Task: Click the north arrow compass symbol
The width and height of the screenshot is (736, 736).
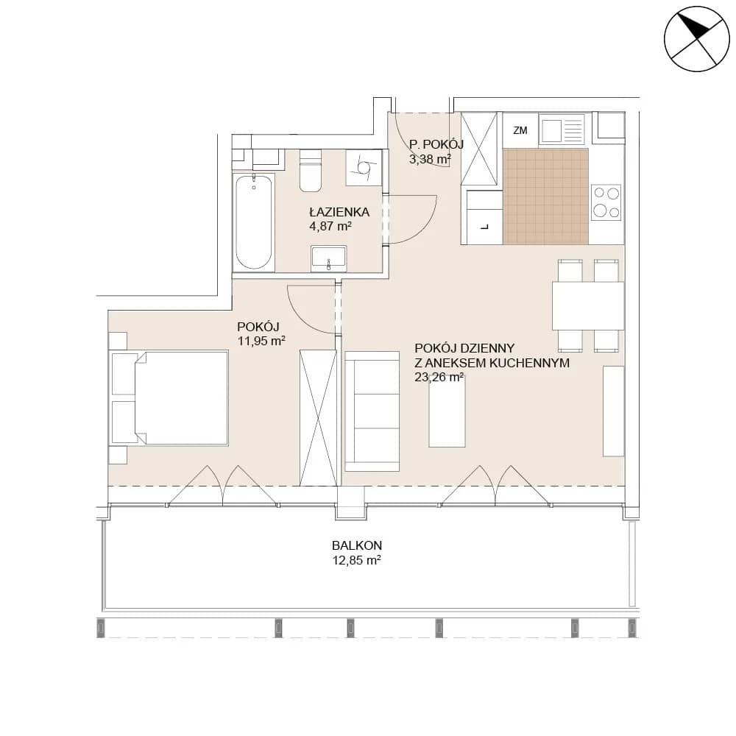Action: [696, 39]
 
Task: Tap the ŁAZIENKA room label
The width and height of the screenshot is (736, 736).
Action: [339, 212]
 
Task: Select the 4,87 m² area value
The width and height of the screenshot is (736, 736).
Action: [330, 226]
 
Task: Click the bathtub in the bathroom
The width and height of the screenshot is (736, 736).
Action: [253, 222]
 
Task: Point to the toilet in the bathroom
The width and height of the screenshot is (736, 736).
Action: [311, 170]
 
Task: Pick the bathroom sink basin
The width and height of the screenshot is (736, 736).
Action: [328, 258]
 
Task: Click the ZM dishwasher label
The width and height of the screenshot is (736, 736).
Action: [520, 130]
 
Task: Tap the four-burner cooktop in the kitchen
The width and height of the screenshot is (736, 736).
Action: [606, 202]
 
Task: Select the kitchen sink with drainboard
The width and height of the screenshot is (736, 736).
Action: [562, 130]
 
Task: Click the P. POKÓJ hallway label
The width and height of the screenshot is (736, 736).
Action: [436, 144]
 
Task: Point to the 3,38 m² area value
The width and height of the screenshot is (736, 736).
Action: [430, 159]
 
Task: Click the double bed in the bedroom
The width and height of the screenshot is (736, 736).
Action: [169, 397]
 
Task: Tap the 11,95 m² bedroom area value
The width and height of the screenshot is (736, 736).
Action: [261, 342]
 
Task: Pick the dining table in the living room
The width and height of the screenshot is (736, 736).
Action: [588, 305]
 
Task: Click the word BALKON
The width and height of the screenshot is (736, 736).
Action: [357, 545]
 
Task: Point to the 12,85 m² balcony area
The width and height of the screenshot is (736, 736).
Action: [357, 560]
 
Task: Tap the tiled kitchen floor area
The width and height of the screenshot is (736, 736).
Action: [545, 197]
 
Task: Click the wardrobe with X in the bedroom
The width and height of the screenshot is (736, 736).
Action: [318, 418]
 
